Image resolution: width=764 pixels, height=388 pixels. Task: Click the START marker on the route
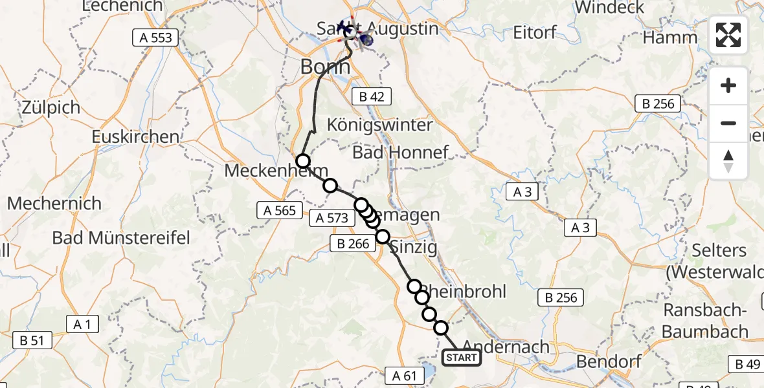pyautogui.click(x=462, y=358)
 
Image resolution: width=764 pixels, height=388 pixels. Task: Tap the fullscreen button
pyautogui.click(x=728, y=35)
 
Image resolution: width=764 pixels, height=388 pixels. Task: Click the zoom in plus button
pyautogui.click(x=728, y=85)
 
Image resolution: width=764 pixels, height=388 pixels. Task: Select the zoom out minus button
pyautogui.click(x=728, y=123)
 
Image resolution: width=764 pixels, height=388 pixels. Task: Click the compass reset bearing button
pyautogui.click(x=728, y=161)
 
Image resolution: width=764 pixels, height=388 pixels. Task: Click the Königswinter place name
pyautogui.click(x=380, y=124)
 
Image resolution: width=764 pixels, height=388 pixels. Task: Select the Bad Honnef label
pyautogui.click(x=400, y=153)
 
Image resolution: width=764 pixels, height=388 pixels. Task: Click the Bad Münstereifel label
pyautogui.click(x=121, y=238)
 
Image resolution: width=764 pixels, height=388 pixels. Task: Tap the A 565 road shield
pyautogui.click(x=280, y=210)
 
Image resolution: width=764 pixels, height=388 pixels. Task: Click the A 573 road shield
pyautogui.click(x=332, y=219)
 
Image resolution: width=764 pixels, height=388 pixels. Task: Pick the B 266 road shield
pyautogui.click(x=353, y=244)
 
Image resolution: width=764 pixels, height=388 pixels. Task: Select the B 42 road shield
pyautogui.click(x=372, y=97)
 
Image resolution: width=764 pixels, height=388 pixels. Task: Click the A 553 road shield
pyautogui.click(x=156, y=38)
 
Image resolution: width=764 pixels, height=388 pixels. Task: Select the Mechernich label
pyautogui.click(x=54, y=204)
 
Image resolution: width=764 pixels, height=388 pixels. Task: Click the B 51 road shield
pyautogui.click(x=32, y=340)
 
